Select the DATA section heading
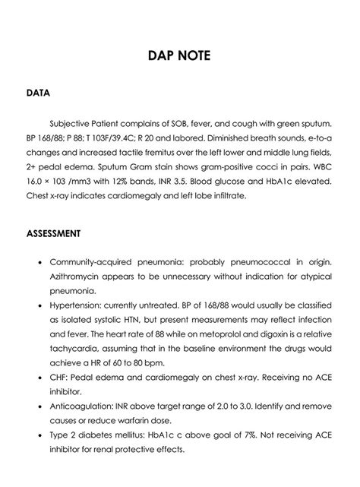[38, 94]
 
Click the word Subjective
[74, 122]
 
